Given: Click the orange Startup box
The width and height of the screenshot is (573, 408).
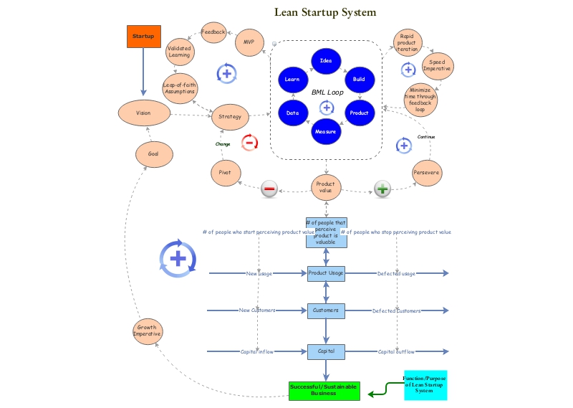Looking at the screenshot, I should (144, 36).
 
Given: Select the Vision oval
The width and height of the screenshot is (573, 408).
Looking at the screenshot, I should (143, 113).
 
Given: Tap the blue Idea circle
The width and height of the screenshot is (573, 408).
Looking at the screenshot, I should (326, 60).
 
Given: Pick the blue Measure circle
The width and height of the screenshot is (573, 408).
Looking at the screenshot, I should (326, 132).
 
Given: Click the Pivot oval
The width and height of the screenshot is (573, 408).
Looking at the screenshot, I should (226, 173).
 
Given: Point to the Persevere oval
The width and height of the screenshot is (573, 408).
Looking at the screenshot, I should (427, 173).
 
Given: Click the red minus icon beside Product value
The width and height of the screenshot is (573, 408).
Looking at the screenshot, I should (269, 189).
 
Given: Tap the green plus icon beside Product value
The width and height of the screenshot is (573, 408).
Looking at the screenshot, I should (383, 189).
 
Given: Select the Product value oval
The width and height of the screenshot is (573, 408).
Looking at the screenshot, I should (326, 186).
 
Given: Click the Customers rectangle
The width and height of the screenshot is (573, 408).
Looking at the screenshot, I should (327, 310).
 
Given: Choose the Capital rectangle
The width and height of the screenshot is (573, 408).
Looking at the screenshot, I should (327, 351).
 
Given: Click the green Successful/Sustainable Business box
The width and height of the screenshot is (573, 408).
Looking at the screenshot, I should (324, 389).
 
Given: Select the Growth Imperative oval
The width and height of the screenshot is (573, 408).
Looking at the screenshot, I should (148, 331).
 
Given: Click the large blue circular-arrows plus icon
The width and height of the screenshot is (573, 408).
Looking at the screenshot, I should (177, 258).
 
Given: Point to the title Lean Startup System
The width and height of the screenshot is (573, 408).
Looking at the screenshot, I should (325, 13).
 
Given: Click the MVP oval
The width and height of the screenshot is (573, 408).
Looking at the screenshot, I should (249, 42).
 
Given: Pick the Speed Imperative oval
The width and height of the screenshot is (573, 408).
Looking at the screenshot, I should (437, 66).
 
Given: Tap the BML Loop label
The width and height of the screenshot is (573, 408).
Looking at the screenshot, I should (327, 92).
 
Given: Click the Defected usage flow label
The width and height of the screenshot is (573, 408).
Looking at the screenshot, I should (396, 273).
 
